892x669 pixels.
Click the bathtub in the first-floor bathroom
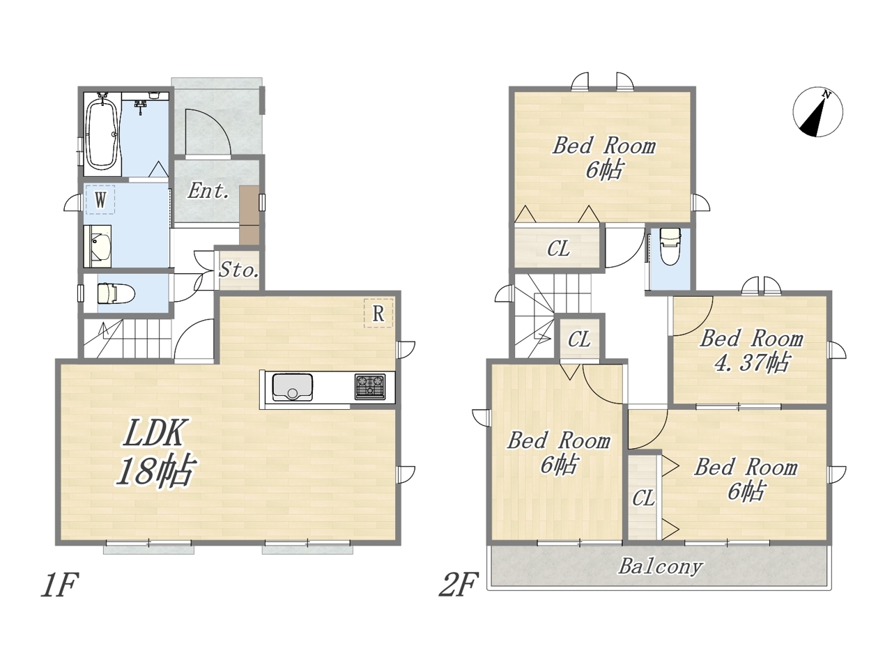click(103, 134)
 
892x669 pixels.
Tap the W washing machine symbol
click(100, 199)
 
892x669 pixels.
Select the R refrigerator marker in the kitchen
click(378, 313)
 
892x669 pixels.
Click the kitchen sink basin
click(293, 387)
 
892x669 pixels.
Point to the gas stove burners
click(370, 386)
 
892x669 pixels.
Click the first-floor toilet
click(116, 293)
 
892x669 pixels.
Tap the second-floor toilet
click(670, 246)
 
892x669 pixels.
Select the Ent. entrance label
click(208, 191)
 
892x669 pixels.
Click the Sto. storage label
click(239, 270)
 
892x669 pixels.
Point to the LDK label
click(153, 433)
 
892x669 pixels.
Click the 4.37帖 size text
click(752, 363)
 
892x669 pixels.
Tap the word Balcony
click(661, 567)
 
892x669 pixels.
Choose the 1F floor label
click(59, 585)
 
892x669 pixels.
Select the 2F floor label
click(458, 585)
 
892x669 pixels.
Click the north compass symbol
click(817, 112)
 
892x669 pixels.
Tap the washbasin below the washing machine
click(98, 247)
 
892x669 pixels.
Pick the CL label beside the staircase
click(579, 339)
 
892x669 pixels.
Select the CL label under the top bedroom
click(558, 249)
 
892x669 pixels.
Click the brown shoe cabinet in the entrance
click(249, 215)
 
